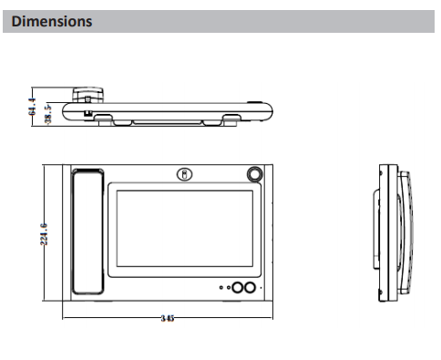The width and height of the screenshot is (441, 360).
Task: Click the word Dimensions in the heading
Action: click(x=52, y=22)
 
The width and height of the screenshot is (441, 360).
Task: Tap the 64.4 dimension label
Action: click(x=32, y=107)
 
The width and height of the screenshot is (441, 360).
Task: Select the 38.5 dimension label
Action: click(x=48, y=114)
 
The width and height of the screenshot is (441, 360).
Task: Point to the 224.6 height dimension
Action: click(x=44, y=234)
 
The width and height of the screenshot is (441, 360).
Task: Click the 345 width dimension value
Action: click(x=168, y=318)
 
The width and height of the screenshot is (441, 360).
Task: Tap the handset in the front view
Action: click(x=87, y=231)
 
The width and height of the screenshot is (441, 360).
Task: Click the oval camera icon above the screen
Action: click(x=185, y=175)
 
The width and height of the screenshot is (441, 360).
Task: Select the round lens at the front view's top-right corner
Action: click(x=254, y=174)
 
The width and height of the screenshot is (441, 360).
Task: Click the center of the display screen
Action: click(x=185, y=229)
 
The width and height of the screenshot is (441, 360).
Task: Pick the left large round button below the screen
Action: click(x=238, y=287)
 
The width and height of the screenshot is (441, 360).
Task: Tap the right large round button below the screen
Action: click(x=250, y=287)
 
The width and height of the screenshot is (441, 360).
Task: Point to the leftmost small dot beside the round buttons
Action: click(x=221, y=287)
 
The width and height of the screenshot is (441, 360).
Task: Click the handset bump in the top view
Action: click(x=87, y=95)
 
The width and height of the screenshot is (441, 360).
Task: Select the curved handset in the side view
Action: click(x=406, y=232)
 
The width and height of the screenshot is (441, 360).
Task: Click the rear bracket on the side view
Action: click(x=376, y=230)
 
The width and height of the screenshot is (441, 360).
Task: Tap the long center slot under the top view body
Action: click(x=167, y=122)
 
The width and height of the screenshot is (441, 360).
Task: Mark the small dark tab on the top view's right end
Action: click(x=254, y=103)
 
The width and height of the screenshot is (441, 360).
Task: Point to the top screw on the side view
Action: click(x=381, y=173)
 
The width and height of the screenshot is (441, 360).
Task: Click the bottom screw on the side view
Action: click(x=381, y=292)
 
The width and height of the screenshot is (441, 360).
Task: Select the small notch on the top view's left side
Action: click(x=87, y=113)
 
